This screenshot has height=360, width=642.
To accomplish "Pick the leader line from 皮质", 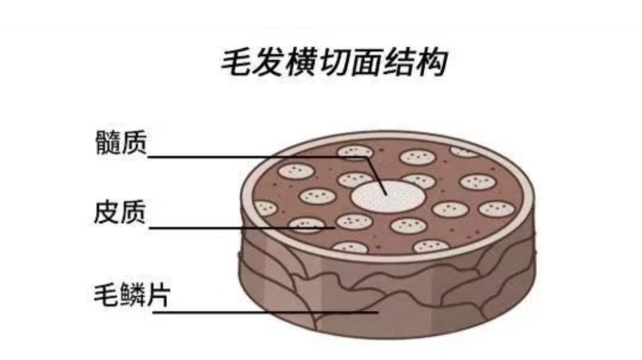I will coord(242,227).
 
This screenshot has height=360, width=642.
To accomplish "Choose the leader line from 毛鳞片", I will coord(263,312).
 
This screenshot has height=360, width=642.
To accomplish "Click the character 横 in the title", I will coord(301,63).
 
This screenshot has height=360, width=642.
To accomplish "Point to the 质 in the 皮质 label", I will coord(133,213).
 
